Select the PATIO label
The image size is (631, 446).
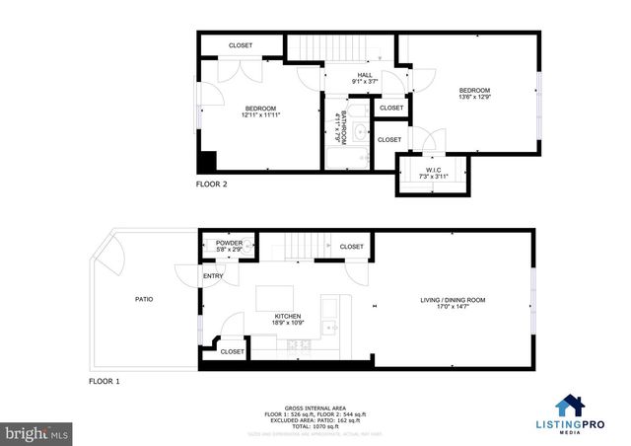pyautogui.click(x=143, y=299)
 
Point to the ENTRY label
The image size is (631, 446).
pyautogui.click(x=213, y=276)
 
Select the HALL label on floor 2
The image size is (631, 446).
pyautogui.click(x=364, y=75)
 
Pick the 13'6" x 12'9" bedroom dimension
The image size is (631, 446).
pyautogui.click(x=474, y=97)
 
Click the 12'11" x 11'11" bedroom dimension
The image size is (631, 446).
pyautogui.click(x=260, y=115)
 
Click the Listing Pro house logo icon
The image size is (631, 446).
pyautogui.click(x=569, y=406)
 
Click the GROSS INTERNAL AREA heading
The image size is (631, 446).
pyautogui.click(x=315, y=406)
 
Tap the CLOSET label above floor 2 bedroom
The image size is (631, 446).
pyautogui.click(x=241, y=45)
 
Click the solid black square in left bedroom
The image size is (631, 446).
pyautogui.click(x=208, y=163)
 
